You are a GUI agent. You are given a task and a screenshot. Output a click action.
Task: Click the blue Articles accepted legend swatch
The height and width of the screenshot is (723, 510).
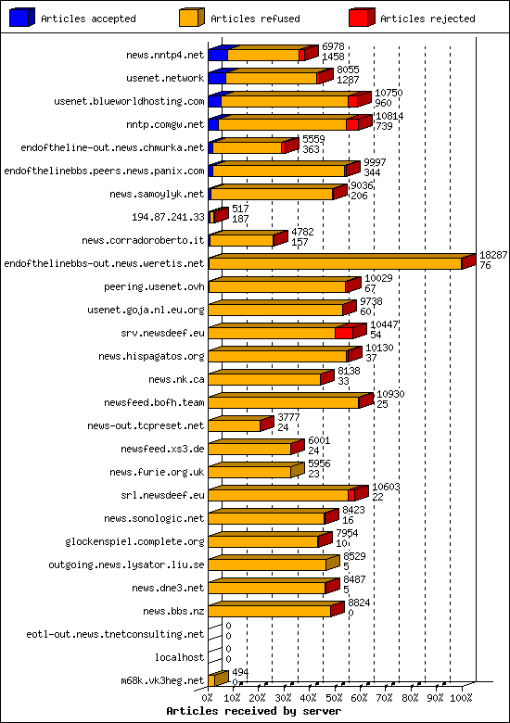[x=20, y=18]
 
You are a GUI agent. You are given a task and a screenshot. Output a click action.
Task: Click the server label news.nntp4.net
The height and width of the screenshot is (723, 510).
[x=165, y=55]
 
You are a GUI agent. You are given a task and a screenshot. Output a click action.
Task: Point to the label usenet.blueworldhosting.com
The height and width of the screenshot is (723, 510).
[x=129, y=101]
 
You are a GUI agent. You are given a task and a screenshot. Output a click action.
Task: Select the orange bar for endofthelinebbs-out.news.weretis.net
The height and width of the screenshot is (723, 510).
[x=334, y=263]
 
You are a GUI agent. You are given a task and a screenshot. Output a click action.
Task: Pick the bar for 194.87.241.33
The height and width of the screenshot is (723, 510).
[x=217, y=216]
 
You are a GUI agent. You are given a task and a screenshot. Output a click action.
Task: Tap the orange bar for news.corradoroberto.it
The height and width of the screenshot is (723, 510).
[x=241, y=240]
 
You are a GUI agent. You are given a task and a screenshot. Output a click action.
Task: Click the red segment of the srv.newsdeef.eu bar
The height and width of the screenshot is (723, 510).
[x=343, y=332]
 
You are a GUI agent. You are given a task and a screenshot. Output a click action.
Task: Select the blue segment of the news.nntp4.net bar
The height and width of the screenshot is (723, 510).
[x=217, y=55]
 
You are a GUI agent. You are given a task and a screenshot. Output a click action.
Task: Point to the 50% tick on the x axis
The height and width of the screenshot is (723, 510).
[x=335, y=697]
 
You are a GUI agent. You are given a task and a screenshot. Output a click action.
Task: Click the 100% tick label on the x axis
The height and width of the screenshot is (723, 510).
[x=461, y=697]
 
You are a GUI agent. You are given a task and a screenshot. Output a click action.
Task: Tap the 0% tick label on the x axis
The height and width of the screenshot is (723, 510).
[x=209, y=697]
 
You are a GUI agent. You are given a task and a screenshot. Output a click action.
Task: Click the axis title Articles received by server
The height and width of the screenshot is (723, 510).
[x=253, y=711]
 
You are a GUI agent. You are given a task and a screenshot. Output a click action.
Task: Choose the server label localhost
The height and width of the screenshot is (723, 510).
[x=179, y=657]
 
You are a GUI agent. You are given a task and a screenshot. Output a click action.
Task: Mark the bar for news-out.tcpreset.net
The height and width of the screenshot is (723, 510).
[x=235, y=425]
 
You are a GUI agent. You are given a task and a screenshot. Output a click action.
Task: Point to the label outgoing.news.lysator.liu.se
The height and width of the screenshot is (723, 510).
[x=126, y=564]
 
